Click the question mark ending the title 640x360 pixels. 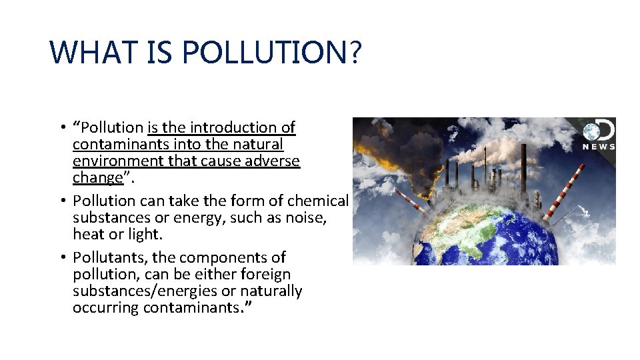354,51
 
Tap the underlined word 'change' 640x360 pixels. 97,177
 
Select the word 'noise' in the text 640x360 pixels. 305,217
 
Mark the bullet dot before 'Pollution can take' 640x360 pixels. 61,201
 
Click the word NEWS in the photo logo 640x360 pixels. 598,147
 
